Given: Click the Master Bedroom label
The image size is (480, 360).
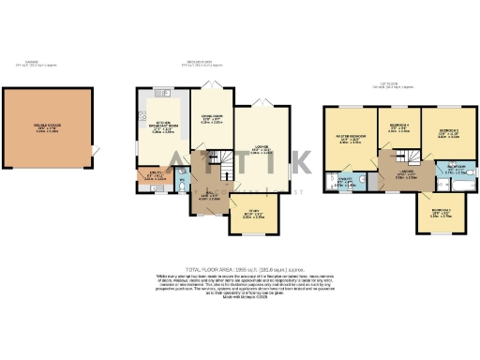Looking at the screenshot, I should (x=349, y=142).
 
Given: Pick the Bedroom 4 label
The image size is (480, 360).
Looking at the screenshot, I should (x=399, y=129).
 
